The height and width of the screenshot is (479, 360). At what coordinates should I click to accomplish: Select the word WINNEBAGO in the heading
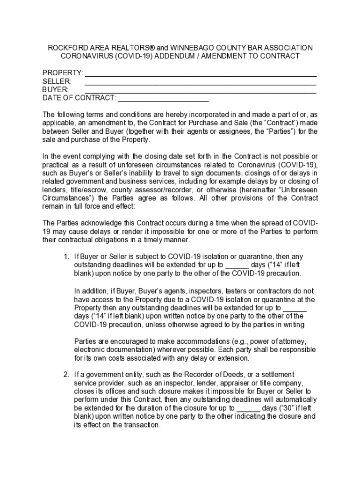193,48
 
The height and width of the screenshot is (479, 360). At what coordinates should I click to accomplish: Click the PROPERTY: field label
63,73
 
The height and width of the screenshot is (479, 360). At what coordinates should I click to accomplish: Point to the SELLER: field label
57,81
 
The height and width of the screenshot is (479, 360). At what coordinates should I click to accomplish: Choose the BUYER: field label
56,90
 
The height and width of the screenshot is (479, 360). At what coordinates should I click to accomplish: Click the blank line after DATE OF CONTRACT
163,98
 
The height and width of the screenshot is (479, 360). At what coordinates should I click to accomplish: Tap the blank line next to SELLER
201,82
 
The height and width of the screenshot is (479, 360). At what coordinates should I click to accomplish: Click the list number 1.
66,257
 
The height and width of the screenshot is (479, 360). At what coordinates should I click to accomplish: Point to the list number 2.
66,375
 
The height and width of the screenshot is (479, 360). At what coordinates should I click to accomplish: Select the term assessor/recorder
166,189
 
